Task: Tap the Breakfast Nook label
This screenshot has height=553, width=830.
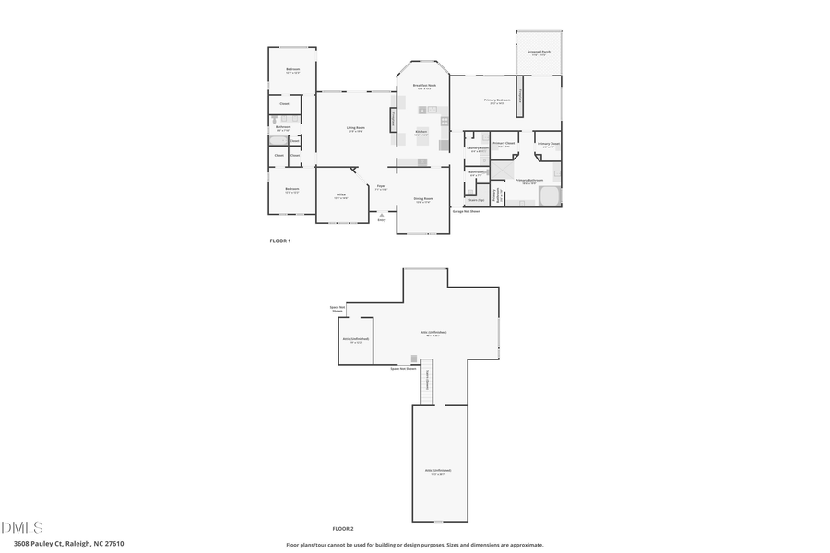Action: coord(424,87)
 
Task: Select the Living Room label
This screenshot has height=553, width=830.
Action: coord(355,128)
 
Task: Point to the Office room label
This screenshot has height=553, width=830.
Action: coord(340,195)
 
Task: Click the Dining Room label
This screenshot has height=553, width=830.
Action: coord(423,199)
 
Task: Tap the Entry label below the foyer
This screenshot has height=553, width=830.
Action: coord(382,220)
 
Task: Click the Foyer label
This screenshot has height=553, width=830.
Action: coord(381,187)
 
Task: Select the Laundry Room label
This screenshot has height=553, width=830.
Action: coord(477,148)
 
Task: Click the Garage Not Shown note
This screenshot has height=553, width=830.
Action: coord(466,211)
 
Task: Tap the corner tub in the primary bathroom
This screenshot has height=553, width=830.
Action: coord(550,195)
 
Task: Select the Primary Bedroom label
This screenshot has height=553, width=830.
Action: coord(497,100)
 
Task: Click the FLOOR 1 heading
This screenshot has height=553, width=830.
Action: coord(279,241)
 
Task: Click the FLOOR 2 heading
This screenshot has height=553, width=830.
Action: coord(343,528)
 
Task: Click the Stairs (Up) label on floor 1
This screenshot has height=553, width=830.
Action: coord(477,199)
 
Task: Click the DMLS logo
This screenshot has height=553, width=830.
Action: coord(22,527)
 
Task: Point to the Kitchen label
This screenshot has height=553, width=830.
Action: coord(421,132)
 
